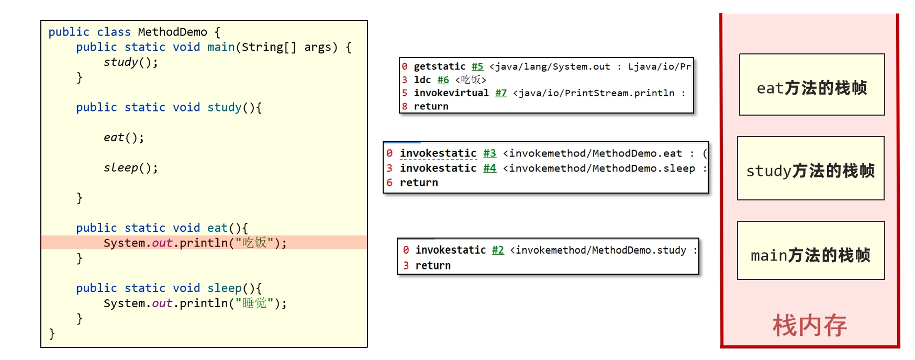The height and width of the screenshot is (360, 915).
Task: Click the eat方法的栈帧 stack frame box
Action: pos(812,85)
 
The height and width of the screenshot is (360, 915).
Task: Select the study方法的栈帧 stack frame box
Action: pos(811,168)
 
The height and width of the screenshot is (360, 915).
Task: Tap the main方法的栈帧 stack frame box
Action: pos(811,251)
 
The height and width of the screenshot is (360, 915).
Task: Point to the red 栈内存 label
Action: pos(810,325)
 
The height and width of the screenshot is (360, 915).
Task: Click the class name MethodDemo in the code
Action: pos(172,32)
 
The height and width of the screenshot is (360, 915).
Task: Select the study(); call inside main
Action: pos(130,62)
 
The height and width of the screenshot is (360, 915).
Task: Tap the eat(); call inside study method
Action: pos(124,138)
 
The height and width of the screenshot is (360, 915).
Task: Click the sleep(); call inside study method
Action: pos(130,168)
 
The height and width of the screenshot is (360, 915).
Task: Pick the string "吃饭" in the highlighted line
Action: pos(254,243)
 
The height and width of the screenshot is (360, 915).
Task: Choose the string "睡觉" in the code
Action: pos(254,303)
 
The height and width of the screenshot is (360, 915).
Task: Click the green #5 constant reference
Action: pos(477,66)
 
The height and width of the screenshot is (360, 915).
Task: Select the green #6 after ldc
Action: pos(443,80)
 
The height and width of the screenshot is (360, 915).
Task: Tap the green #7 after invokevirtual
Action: pos(501,93)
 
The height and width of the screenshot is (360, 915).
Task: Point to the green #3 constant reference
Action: pos(489,153)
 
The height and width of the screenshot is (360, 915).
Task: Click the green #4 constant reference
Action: pos(489,168)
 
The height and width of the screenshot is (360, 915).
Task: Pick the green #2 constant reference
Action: pos(498,250)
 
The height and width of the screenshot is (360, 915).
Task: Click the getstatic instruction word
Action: pos(440,66)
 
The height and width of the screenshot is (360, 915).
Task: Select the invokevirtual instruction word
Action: pos(451,93)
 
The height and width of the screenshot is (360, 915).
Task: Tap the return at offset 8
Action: pos(431,106)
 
